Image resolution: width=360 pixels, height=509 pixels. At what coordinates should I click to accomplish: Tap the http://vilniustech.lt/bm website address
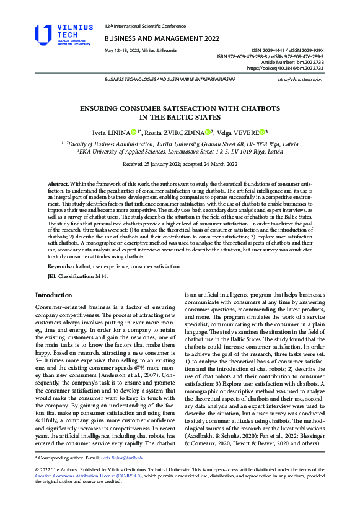click(301, 80)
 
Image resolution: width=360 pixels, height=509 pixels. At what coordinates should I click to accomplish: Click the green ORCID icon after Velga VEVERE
click(262, 132)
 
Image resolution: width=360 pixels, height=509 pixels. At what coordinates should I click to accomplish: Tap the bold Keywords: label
click(61, 266)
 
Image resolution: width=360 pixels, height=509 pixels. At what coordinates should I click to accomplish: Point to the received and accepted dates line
click(180, 165)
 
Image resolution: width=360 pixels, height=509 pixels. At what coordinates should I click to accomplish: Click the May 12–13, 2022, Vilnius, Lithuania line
click(140, 50)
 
